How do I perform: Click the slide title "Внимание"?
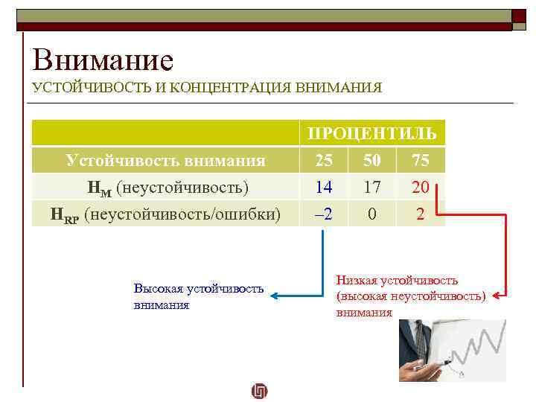point(103,59)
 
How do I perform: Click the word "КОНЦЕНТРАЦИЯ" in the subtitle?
point(230,88)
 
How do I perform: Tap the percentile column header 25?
point(323,160)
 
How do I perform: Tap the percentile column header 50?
point(372,160)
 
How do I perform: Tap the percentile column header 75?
point(421,160)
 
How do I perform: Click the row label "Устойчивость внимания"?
point(165,160)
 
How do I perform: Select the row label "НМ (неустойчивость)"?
point(165,187)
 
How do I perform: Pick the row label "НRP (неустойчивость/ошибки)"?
point(165,214)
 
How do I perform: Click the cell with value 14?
point(323,187)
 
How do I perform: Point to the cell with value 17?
point(372,187)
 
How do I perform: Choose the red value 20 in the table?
point(421,188)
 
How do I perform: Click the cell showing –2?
point(323,214)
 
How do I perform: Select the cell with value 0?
point(372,214)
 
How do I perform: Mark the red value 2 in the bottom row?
point(421,214)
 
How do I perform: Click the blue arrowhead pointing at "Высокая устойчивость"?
point(274,296)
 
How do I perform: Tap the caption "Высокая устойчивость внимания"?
point(198,296)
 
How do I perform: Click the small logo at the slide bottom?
point(260,390)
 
